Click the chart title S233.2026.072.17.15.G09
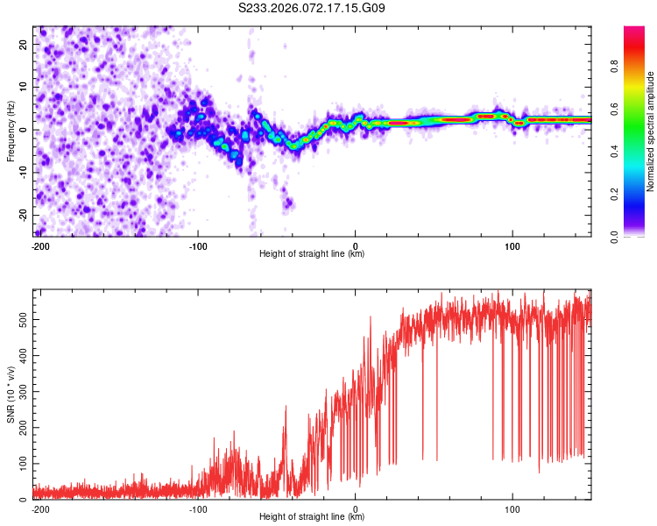click(312, 9)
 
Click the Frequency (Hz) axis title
click(11, 131)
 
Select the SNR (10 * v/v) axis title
click(11, 394)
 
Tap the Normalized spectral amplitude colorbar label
click(651, 131)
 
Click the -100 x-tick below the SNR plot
click(198, 508)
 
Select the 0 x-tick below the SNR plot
click(356, 508)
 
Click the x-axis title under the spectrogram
click(312, 254)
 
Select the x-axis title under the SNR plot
click(312, 517)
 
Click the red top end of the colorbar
click(634, 31)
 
